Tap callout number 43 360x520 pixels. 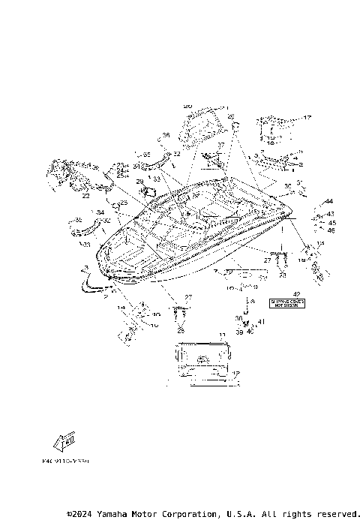331,214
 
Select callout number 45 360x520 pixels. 331,222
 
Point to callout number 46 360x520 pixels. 331,230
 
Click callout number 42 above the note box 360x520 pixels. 295,293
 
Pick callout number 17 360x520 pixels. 307,118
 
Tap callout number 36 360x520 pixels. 166,136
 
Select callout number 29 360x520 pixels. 139,182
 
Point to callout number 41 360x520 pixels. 261,322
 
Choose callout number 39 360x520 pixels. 239,331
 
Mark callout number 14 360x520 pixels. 121,308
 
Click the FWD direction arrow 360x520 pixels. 68,441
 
